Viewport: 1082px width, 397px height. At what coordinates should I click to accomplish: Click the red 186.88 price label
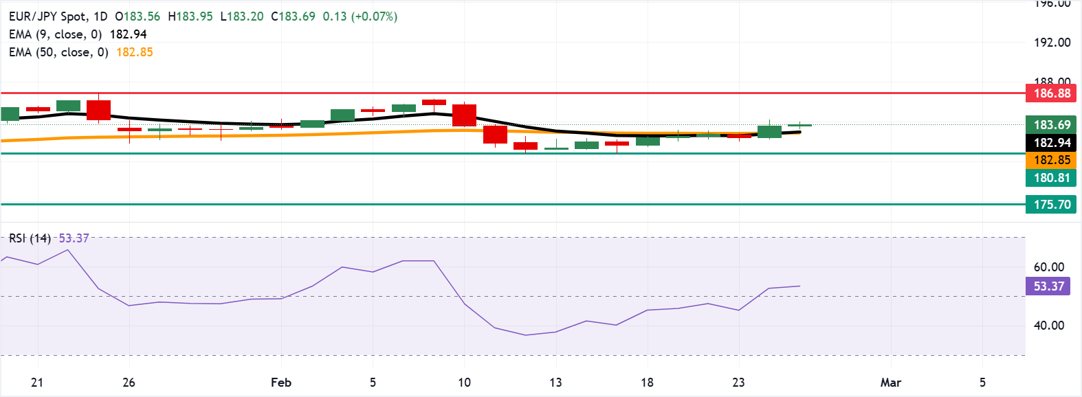point(1052,93)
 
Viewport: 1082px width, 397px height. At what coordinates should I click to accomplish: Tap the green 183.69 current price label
point(1052,125)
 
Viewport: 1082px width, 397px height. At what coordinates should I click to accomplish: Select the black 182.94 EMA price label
point(1052,143)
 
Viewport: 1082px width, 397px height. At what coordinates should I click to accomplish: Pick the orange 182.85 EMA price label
point(1052,160)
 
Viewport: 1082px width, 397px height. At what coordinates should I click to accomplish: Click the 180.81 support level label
point(1052,178)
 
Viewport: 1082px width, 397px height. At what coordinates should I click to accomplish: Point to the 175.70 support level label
point(1052,205)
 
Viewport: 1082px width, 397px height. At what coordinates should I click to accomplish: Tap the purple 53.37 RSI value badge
point(1048,286)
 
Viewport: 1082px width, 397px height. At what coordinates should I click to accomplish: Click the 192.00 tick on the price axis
point(1052,43)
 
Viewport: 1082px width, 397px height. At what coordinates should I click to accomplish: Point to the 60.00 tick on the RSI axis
point(1048,267)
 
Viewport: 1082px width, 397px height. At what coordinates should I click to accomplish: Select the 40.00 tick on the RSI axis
point(1048,326)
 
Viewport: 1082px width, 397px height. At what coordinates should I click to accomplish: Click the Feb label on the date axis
point(281,383)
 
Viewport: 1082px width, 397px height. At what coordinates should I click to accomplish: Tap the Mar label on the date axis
point(890,383)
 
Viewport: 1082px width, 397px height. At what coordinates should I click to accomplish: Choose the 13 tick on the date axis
point(555,383)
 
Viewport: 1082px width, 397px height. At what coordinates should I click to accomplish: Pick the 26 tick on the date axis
point(129,383)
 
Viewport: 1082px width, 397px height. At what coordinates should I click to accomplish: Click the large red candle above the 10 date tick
point(465,115)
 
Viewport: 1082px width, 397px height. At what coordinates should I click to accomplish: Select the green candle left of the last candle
point(769,132)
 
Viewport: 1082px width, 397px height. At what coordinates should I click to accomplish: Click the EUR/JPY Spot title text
point(48,16)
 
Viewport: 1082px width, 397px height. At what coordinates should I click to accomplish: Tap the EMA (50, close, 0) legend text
point(58,52)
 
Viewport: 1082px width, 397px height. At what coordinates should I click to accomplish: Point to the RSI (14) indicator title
point(30,238)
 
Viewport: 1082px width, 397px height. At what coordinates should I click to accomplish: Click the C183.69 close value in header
point(293,16)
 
